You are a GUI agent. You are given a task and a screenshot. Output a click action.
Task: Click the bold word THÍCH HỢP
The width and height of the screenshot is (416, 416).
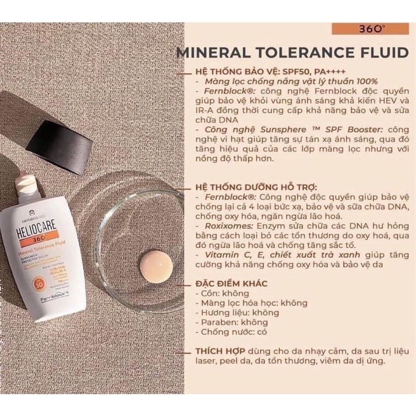[x=221, y=350]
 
